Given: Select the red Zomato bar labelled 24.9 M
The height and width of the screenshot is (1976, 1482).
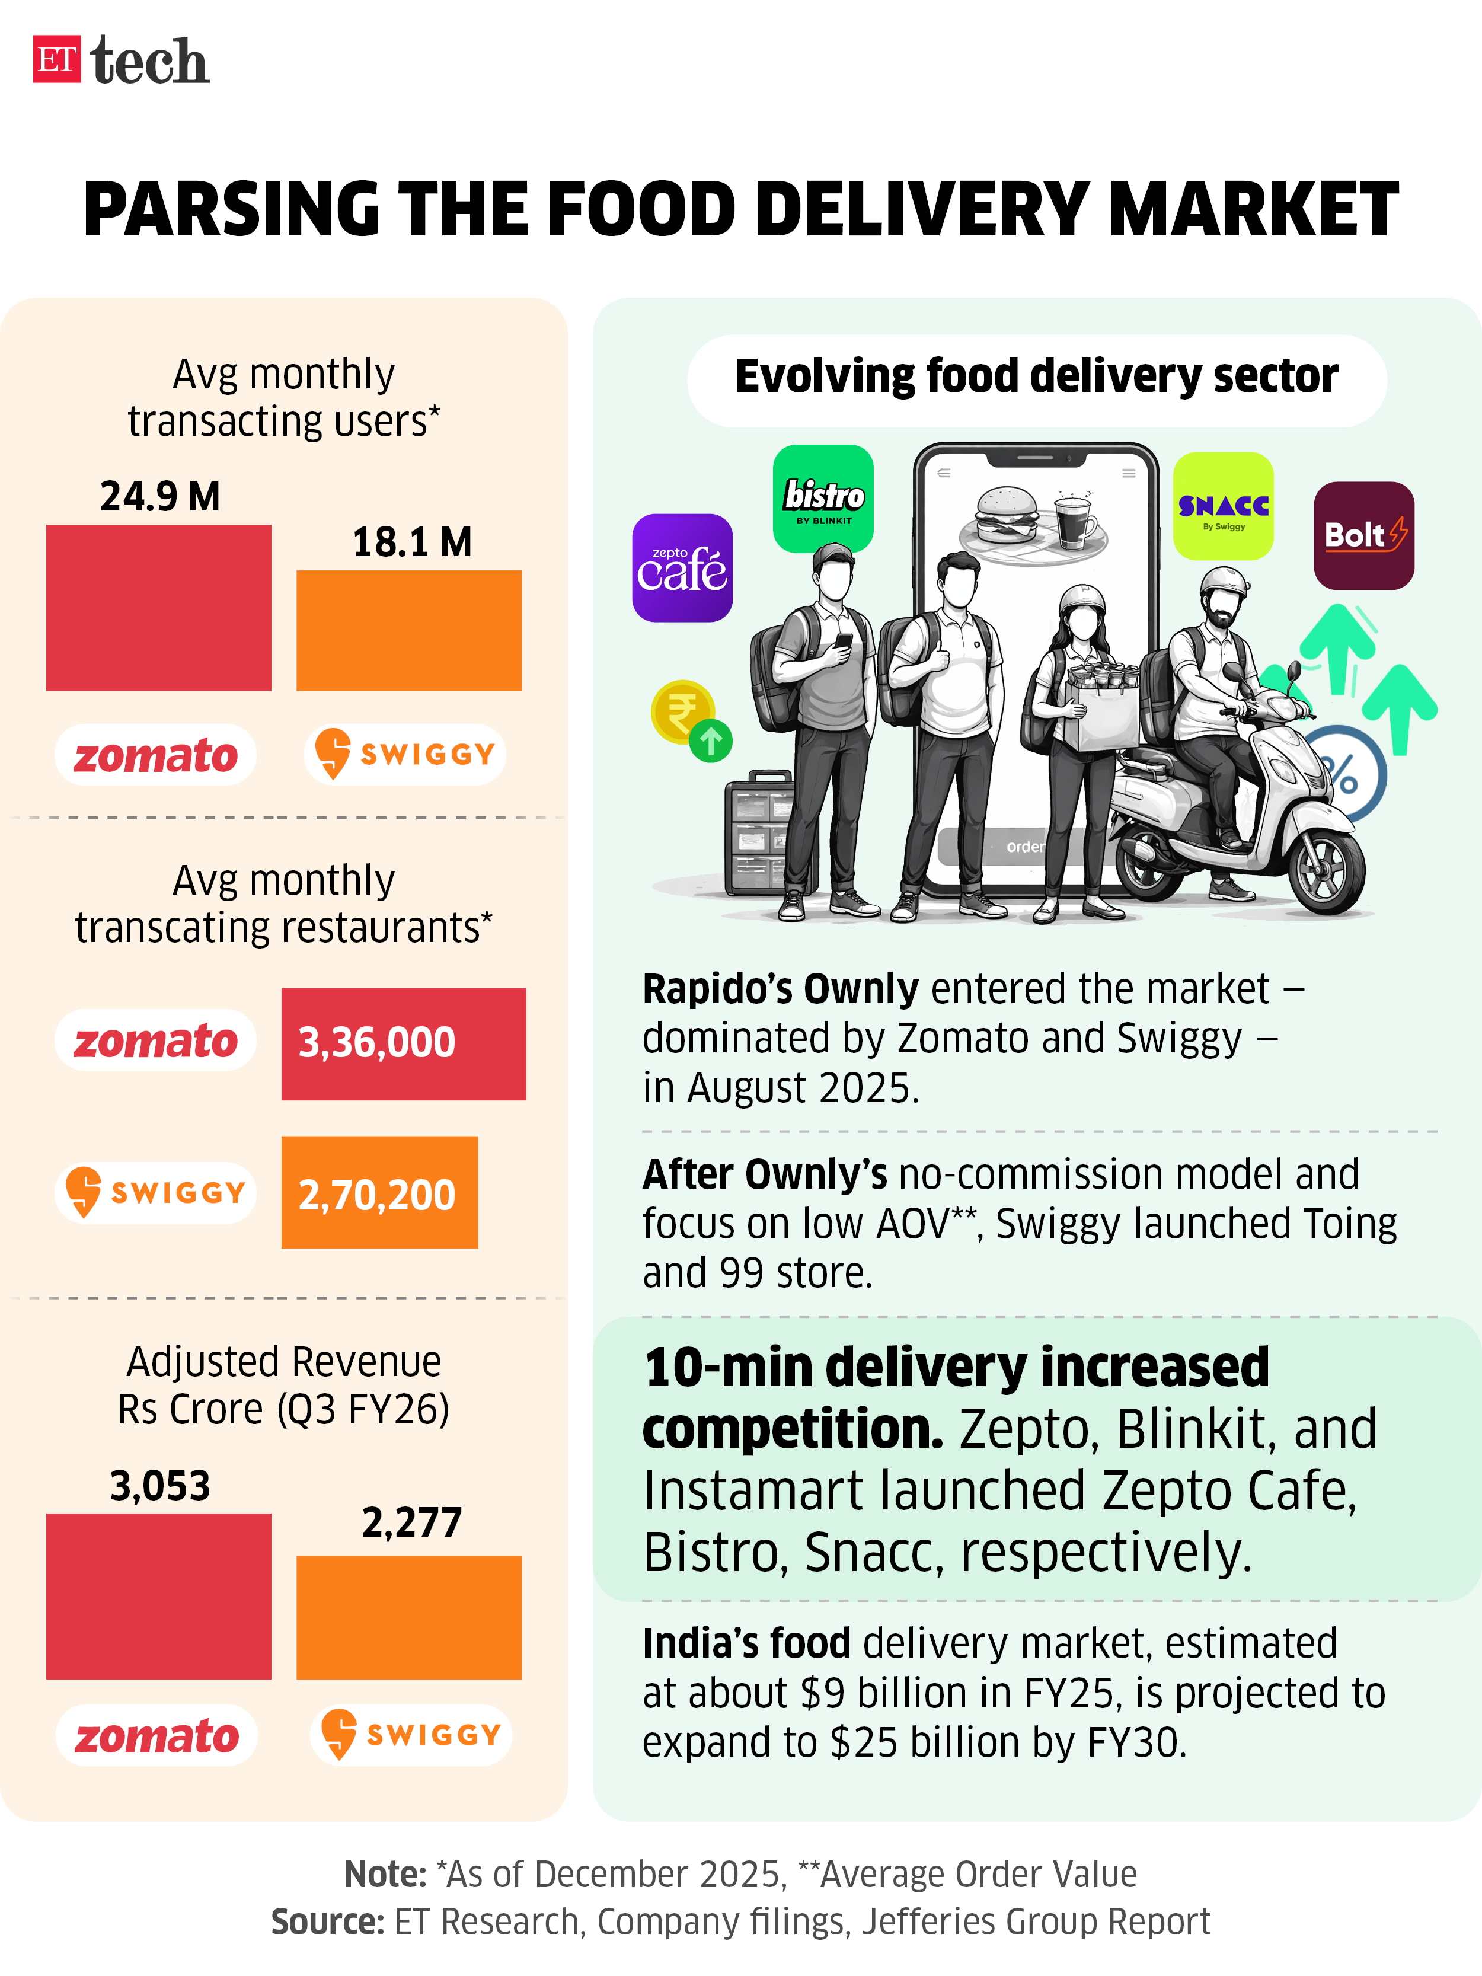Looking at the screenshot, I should (x=158, y=608).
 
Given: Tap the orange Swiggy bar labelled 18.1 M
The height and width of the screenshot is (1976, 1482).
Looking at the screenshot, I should (x=408, y=631).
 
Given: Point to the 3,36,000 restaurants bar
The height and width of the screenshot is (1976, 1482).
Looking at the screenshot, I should (x=403, y=1043).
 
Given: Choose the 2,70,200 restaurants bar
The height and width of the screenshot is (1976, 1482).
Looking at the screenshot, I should (x=379, y=1193).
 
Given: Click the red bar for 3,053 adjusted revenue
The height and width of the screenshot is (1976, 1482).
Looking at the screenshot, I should (x=158, y=1597).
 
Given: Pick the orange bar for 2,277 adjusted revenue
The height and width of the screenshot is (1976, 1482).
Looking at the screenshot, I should (x=408, y=1618).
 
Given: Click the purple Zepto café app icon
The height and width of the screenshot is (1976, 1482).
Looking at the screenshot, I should (x=682, y=568).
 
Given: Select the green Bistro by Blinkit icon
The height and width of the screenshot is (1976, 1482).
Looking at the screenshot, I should (x=823, y=499).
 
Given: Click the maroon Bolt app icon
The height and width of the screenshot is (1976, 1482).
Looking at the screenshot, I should (x=1363, y=535).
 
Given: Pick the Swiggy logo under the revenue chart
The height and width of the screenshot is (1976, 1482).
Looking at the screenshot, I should (x=410, y=1735).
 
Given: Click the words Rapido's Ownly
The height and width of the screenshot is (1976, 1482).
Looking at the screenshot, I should (x=780, y=989).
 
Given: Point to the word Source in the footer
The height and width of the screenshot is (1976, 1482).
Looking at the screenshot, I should (x=328, y=1921).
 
